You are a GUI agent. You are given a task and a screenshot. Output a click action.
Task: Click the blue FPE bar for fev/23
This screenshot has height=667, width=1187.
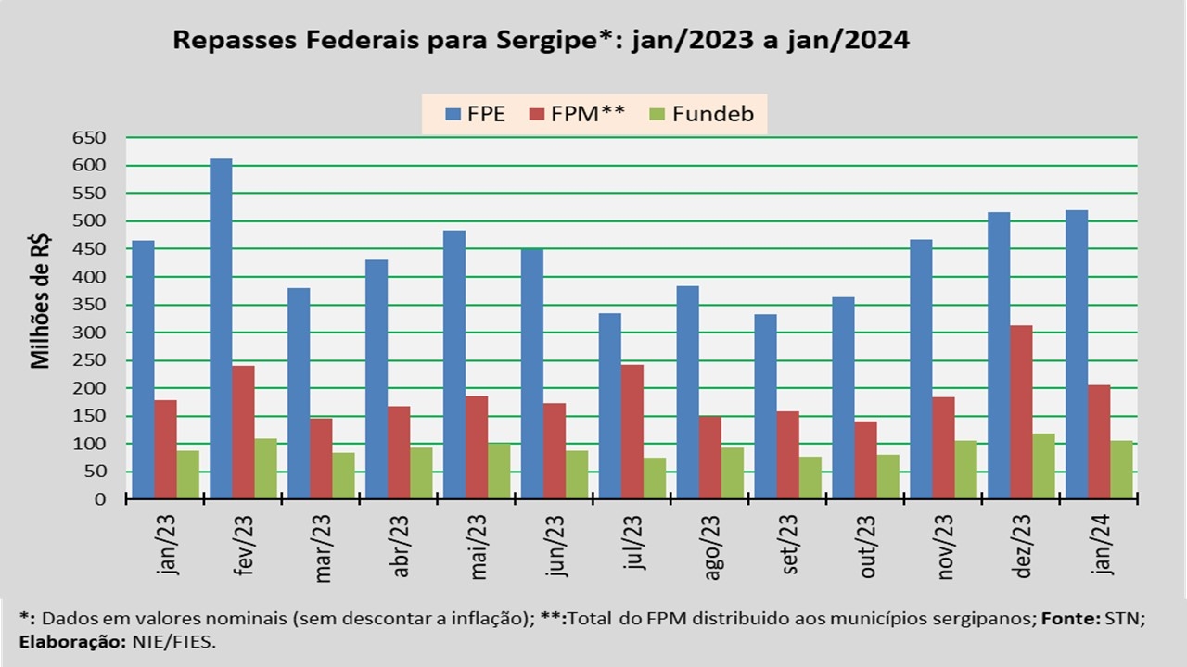click(221, 329)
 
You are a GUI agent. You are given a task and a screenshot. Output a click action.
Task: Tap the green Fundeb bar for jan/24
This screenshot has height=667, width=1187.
click(1121, 470)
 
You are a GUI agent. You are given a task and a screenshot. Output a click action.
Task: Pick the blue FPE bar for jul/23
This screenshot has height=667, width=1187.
click(609, 406)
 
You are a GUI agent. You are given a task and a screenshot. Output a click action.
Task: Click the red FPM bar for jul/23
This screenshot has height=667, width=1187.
click(632, 432)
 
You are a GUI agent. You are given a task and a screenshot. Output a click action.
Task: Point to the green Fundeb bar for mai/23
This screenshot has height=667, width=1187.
click(499, 472)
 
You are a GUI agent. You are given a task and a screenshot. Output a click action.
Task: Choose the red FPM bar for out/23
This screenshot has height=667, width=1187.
click(865, 460)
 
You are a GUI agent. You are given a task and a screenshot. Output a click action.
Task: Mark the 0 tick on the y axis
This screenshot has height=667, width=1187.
click(99, 499)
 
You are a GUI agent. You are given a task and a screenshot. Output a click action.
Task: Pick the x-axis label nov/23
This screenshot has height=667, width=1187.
click(946, 547)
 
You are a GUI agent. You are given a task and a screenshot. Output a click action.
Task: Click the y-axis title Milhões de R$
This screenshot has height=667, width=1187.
click(41, 302)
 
